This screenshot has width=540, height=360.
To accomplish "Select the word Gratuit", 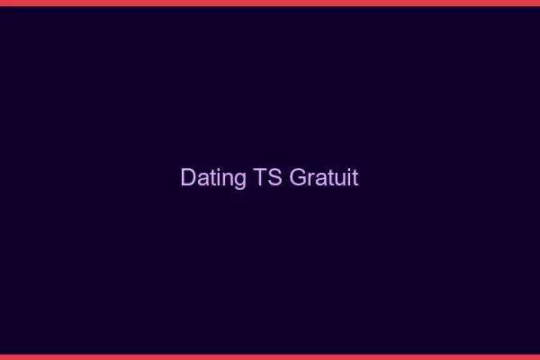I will [x=324, y=177].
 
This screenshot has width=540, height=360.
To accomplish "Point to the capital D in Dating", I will [x=188, y=177].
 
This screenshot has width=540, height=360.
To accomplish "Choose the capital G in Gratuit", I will [x=299, y=177].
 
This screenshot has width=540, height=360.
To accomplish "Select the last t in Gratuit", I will [x=355, y=178].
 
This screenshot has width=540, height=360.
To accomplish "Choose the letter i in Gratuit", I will [x=347, y=177].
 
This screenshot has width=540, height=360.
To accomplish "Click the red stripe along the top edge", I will [x=270, y=3].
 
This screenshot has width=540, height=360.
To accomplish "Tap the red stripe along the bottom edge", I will [x=270, y=356].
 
